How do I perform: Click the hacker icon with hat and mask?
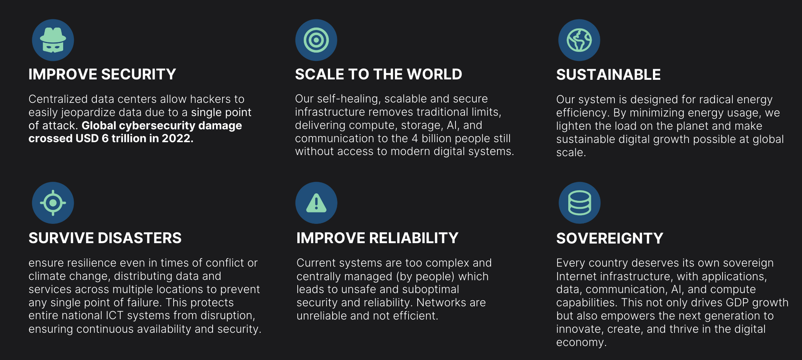point(53,40)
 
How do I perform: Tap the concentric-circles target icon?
point(316,40)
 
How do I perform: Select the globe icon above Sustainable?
point(579,40)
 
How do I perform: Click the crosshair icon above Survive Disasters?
point(53,203)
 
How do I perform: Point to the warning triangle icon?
point(316,203)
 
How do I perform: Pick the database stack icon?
point(580,203)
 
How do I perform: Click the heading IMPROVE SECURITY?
point(102,74)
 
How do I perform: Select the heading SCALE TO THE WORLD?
point(378,74)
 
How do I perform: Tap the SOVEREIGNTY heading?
point(609,238)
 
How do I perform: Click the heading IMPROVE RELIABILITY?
point(377,238)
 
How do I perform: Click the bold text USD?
point(87,138)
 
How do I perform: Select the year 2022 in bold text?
point(177,138)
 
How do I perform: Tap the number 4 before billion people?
point(415,138)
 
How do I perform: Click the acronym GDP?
point(737,303)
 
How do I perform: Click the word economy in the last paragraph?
point(581,343)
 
